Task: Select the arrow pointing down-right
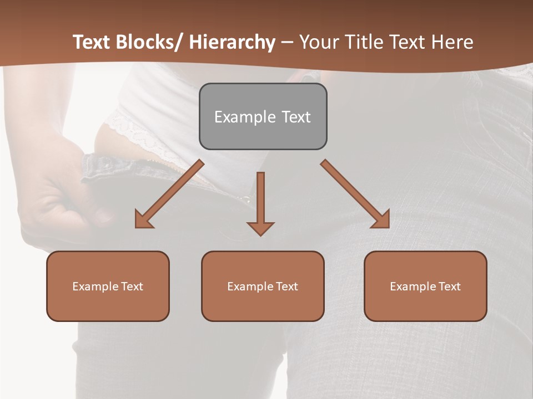click(x=355, y=194)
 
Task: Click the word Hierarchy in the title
click(x=232, y=42)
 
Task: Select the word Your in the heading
click(x=318, y=42)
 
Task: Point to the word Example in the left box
click(x=95, y=287)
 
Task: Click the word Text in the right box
click(x=449, y=287)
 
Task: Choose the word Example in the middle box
click(x=250, y=287)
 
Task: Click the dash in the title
click(x=287, y=42)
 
